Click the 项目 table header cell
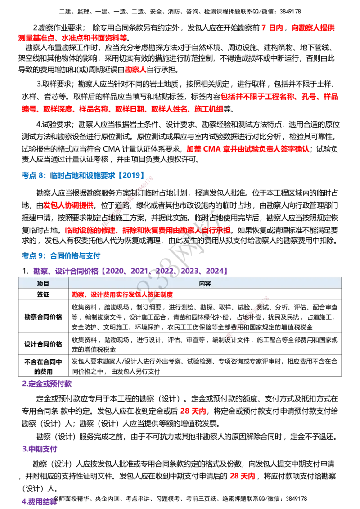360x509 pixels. pyautogui.click(x=43, y=283)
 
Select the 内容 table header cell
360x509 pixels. pyautogui.click(x=205, y=283)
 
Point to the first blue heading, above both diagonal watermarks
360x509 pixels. pyautogui.click(x=83, y=175)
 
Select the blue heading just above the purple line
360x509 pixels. pyautogui.click(x=61, y=256)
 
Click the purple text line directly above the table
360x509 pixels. pyautogui.click(x=130, y=271)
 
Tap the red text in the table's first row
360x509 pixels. pyautogui.click(x=123, y=295)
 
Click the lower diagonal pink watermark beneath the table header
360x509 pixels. pyautogui.click(x=247, y=317)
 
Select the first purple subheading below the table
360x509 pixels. pyautogui.click(x=47, y=384)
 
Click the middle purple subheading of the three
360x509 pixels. pyautogui.click(x=40, y=448)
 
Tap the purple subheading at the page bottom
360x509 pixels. pyautogui.click(x=40, y=501)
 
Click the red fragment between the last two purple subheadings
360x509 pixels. pyautogui.click(x=243, y=476)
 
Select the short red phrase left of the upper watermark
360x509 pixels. pyautogui.click(x=68, y=206)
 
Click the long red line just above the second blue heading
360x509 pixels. pyautogui.click(x=148, y=230)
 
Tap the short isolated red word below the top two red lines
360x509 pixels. pyautogui.click(x=135, y=70)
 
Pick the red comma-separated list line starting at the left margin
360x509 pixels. pyautogui.click(x=122, y=109)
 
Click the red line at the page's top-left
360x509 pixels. pyautogui.click(x=73, y=39)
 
